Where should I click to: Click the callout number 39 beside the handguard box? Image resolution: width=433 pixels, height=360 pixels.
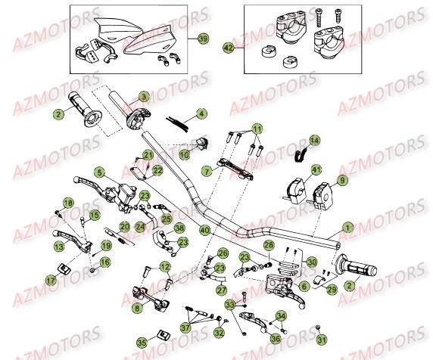[202, 39]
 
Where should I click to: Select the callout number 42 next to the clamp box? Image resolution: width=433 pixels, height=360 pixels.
[228, 47]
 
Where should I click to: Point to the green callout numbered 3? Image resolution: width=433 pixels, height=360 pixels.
[201, 113]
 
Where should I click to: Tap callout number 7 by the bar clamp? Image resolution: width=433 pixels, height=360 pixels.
[184, 154]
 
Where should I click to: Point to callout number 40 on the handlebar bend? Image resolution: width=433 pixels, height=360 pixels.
[204, 229]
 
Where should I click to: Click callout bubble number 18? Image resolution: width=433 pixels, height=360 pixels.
[67, 203]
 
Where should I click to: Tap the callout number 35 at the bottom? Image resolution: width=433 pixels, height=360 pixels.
[142, 341]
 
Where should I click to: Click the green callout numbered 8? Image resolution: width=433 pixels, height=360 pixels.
[136, 309]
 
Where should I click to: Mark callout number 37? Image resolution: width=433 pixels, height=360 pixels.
[185, 327]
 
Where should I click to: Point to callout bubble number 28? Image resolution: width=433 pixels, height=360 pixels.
[268, 245]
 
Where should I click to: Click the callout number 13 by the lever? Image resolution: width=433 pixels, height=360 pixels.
[58, 246]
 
